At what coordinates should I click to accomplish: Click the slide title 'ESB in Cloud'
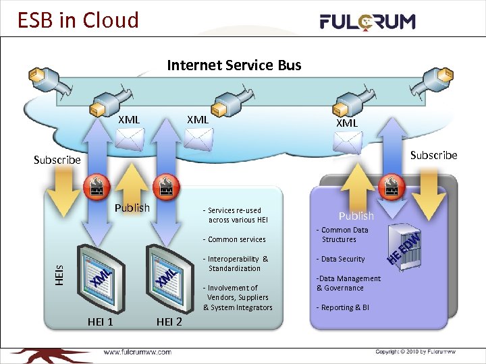click(x=78, y=20)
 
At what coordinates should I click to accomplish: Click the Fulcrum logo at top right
click(x=367, y=22)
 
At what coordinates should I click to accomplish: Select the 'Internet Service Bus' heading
click(x=234, y=65)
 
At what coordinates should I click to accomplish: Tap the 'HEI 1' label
click(x=101, y=322)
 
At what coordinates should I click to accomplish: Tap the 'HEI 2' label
click(x=169, y=322)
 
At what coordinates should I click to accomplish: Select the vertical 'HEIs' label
click(x=59, y=272)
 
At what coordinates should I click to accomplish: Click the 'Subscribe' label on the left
click(x=57, y=160)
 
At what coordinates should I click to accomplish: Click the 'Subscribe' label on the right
click(x=433, y=155)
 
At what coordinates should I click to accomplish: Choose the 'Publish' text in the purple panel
click(x=356, y=216)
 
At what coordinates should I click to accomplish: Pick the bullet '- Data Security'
click(x=342, y=259)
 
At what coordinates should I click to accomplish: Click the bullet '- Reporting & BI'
click(x=343, y=307)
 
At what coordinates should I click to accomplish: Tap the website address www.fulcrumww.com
click(x=137, y=352)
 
